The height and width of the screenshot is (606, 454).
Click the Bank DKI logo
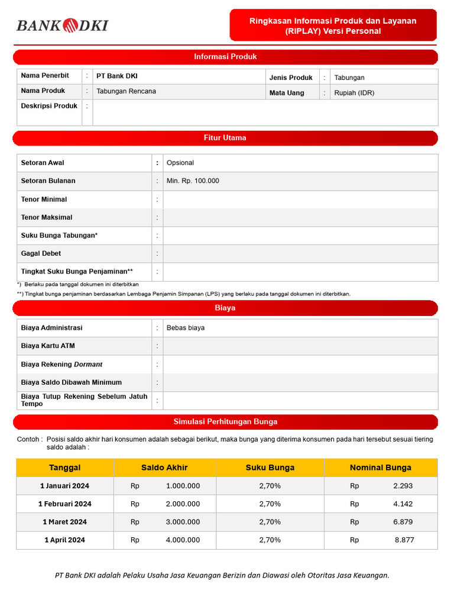[x=62, y=25]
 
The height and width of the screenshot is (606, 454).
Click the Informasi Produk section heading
[x=225, y=57]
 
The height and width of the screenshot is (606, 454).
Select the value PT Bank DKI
[x=117, y=76]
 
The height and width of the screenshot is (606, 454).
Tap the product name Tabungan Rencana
[x=126, y=91]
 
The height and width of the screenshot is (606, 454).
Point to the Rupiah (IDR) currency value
[x=354, y=93]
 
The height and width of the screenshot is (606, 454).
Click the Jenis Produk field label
[x=291, y=78]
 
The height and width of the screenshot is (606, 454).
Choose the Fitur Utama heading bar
[x=225, y=138]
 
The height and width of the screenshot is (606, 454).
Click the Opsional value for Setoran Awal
[x=180, y=163]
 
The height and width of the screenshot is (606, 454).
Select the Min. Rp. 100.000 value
[x=193, y=181]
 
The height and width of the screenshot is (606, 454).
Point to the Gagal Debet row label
[x=41, y=253]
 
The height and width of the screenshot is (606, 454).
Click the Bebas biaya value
[x=186, y=328]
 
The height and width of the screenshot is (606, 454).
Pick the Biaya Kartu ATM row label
[x=48, y=346]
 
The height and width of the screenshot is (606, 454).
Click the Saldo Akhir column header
[x=164, y=468]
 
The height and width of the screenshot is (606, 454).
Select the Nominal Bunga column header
[x=380, y=468]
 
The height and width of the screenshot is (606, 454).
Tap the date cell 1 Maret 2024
[x=64, y=522]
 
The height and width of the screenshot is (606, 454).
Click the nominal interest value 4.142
[x=403, y=504]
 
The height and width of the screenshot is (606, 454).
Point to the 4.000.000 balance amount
[x=183, y=540]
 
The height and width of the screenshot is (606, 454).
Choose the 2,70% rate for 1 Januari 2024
[x=270, y=486]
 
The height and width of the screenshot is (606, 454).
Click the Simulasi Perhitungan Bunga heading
[x=225, y=422]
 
